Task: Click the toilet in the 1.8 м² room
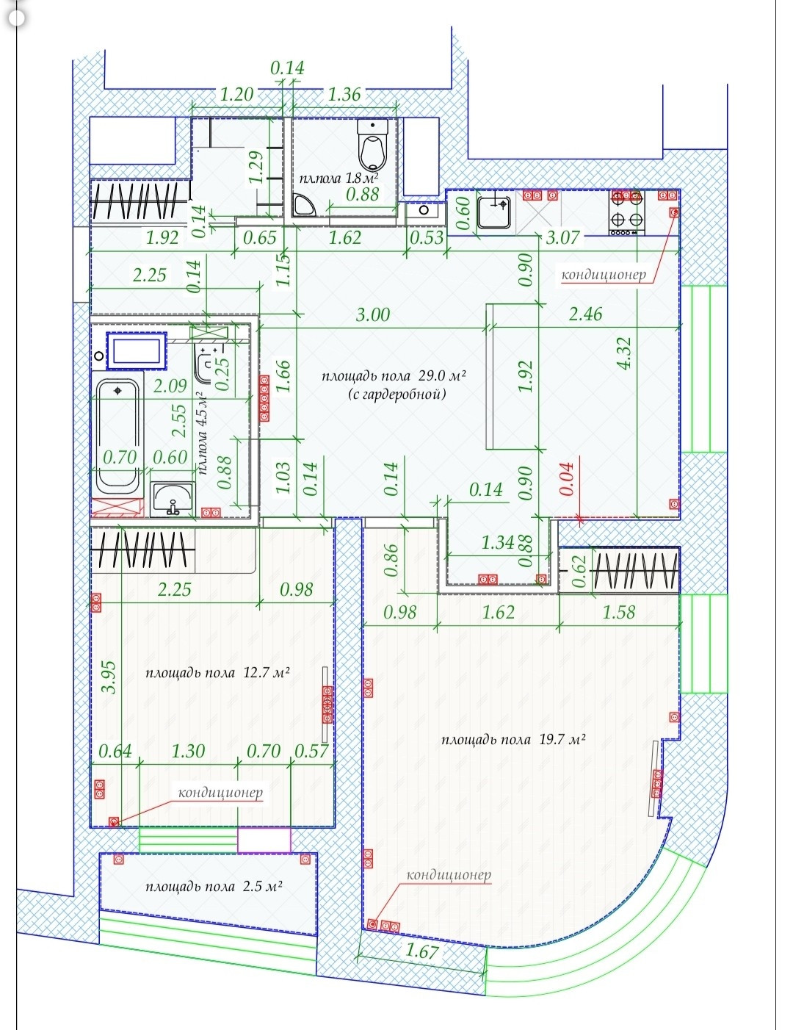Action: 372,145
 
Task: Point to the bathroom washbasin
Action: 173,500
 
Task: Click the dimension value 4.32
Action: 624,354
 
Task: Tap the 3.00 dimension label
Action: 373,315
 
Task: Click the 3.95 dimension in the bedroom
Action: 109,677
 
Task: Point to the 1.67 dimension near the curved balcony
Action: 421,951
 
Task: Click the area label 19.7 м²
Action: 513,740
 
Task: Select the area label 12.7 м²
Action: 217,673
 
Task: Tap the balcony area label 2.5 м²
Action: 214,887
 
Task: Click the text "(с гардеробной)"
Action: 397,395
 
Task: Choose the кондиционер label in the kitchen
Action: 604,275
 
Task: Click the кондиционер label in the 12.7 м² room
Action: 220,793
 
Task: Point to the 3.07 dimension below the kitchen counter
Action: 563,237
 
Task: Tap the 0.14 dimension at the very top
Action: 287,68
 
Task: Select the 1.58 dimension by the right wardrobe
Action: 618,612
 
